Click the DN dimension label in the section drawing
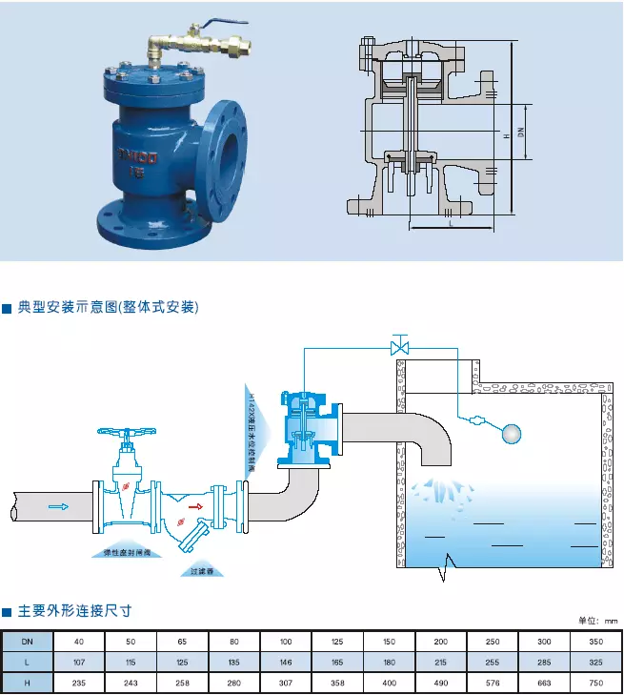[x=521, y=134]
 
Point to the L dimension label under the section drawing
[x=449, y=222]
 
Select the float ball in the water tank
[x=512, y=433]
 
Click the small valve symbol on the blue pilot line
[x=400, y=344]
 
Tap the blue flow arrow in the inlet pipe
[x=58, y=506]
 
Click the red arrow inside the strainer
[x=196, y=506]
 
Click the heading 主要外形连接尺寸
[x=74, y=610]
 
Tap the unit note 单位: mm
[x=597, y=621]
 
